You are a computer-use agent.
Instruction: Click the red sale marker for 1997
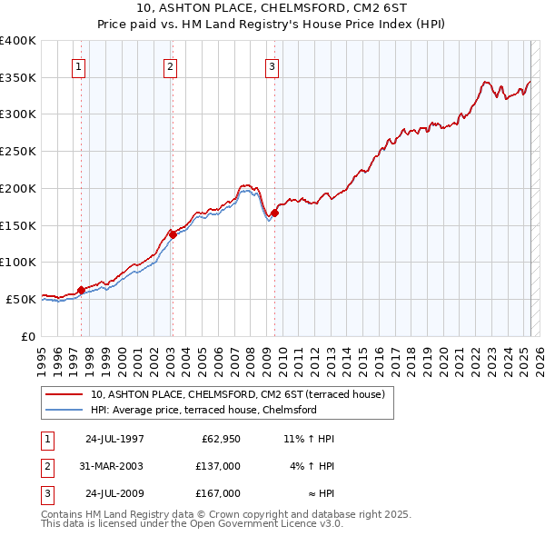click(x=81, y=290)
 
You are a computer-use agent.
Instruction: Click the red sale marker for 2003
click(x=173, y=233)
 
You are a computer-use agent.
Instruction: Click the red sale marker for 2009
click(x=274, y=213)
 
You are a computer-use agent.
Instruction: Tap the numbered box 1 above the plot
click(x=79, y=65)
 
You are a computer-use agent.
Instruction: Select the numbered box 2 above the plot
click(x=171, y=65)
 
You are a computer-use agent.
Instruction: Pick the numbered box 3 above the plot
click(x=272, y=65)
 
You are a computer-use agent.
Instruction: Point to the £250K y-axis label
click(x=17, y=151)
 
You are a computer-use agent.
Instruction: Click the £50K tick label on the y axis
click(x=21, y=298)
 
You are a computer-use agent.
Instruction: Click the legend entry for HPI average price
click(x=203, y=411)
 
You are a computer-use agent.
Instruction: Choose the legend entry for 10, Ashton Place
click(x=238, y=394)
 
